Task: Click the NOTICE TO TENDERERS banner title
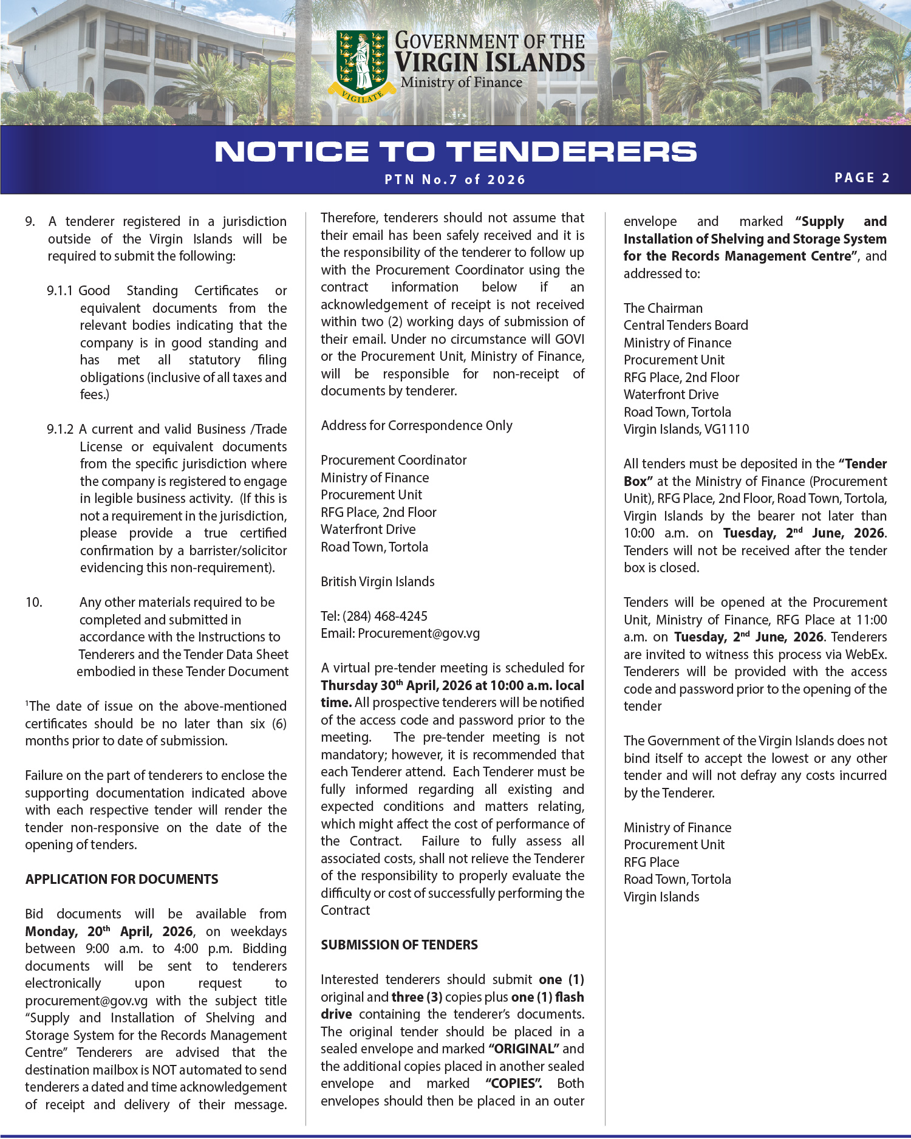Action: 455,152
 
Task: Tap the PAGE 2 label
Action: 862,178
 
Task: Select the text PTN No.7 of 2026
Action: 455,180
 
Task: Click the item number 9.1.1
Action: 60,291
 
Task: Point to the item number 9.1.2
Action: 60,429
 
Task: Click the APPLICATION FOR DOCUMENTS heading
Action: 121,880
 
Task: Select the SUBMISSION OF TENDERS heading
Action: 399,945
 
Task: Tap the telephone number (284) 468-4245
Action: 385,617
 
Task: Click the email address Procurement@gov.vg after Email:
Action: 418,634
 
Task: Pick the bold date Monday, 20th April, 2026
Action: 109,932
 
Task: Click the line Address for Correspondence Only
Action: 417,426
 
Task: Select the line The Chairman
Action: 663,309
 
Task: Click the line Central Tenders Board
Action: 686,326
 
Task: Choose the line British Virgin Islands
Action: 378,582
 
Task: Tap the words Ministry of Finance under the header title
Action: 461,83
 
